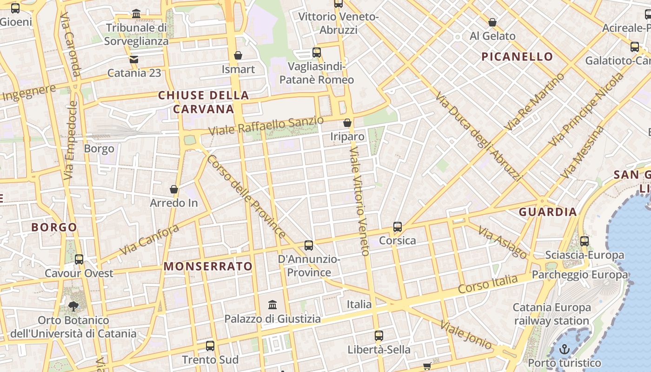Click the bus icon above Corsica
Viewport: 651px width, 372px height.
(x=398, y=227)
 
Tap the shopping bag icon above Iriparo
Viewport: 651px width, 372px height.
(x=347, y=123)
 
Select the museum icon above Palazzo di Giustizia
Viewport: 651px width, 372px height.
(x=272, y=305)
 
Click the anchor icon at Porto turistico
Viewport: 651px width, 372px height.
(x=565, y=349)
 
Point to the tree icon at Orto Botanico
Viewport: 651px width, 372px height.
(x=73, y=306)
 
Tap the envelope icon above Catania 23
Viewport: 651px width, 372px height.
(x=134, y=60)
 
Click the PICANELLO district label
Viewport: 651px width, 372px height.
(x=517, y=57)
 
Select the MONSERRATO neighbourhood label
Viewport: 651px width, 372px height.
(x=208, y=266)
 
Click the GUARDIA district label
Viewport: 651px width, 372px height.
(x=548, y=212)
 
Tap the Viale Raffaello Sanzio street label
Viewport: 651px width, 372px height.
(x=266, y=126)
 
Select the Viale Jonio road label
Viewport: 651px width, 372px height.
(x=465, y=335)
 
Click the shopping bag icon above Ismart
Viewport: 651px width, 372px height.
(x=238, y=55)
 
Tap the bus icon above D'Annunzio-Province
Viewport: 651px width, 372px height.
(x=309, y=245)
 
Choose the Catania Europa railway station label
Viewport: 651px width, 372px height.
(x=551, y=314)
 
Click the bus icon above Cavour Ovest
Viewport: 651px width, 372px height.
(x=79, y=259)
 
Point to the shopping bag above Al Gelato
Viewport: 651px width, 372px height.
(x=492, y=22)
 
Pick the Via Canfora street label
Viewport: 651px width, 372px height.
(x=149, y=239)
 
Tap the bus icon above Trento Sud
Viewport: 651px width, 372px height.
(x=210, y=345)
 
